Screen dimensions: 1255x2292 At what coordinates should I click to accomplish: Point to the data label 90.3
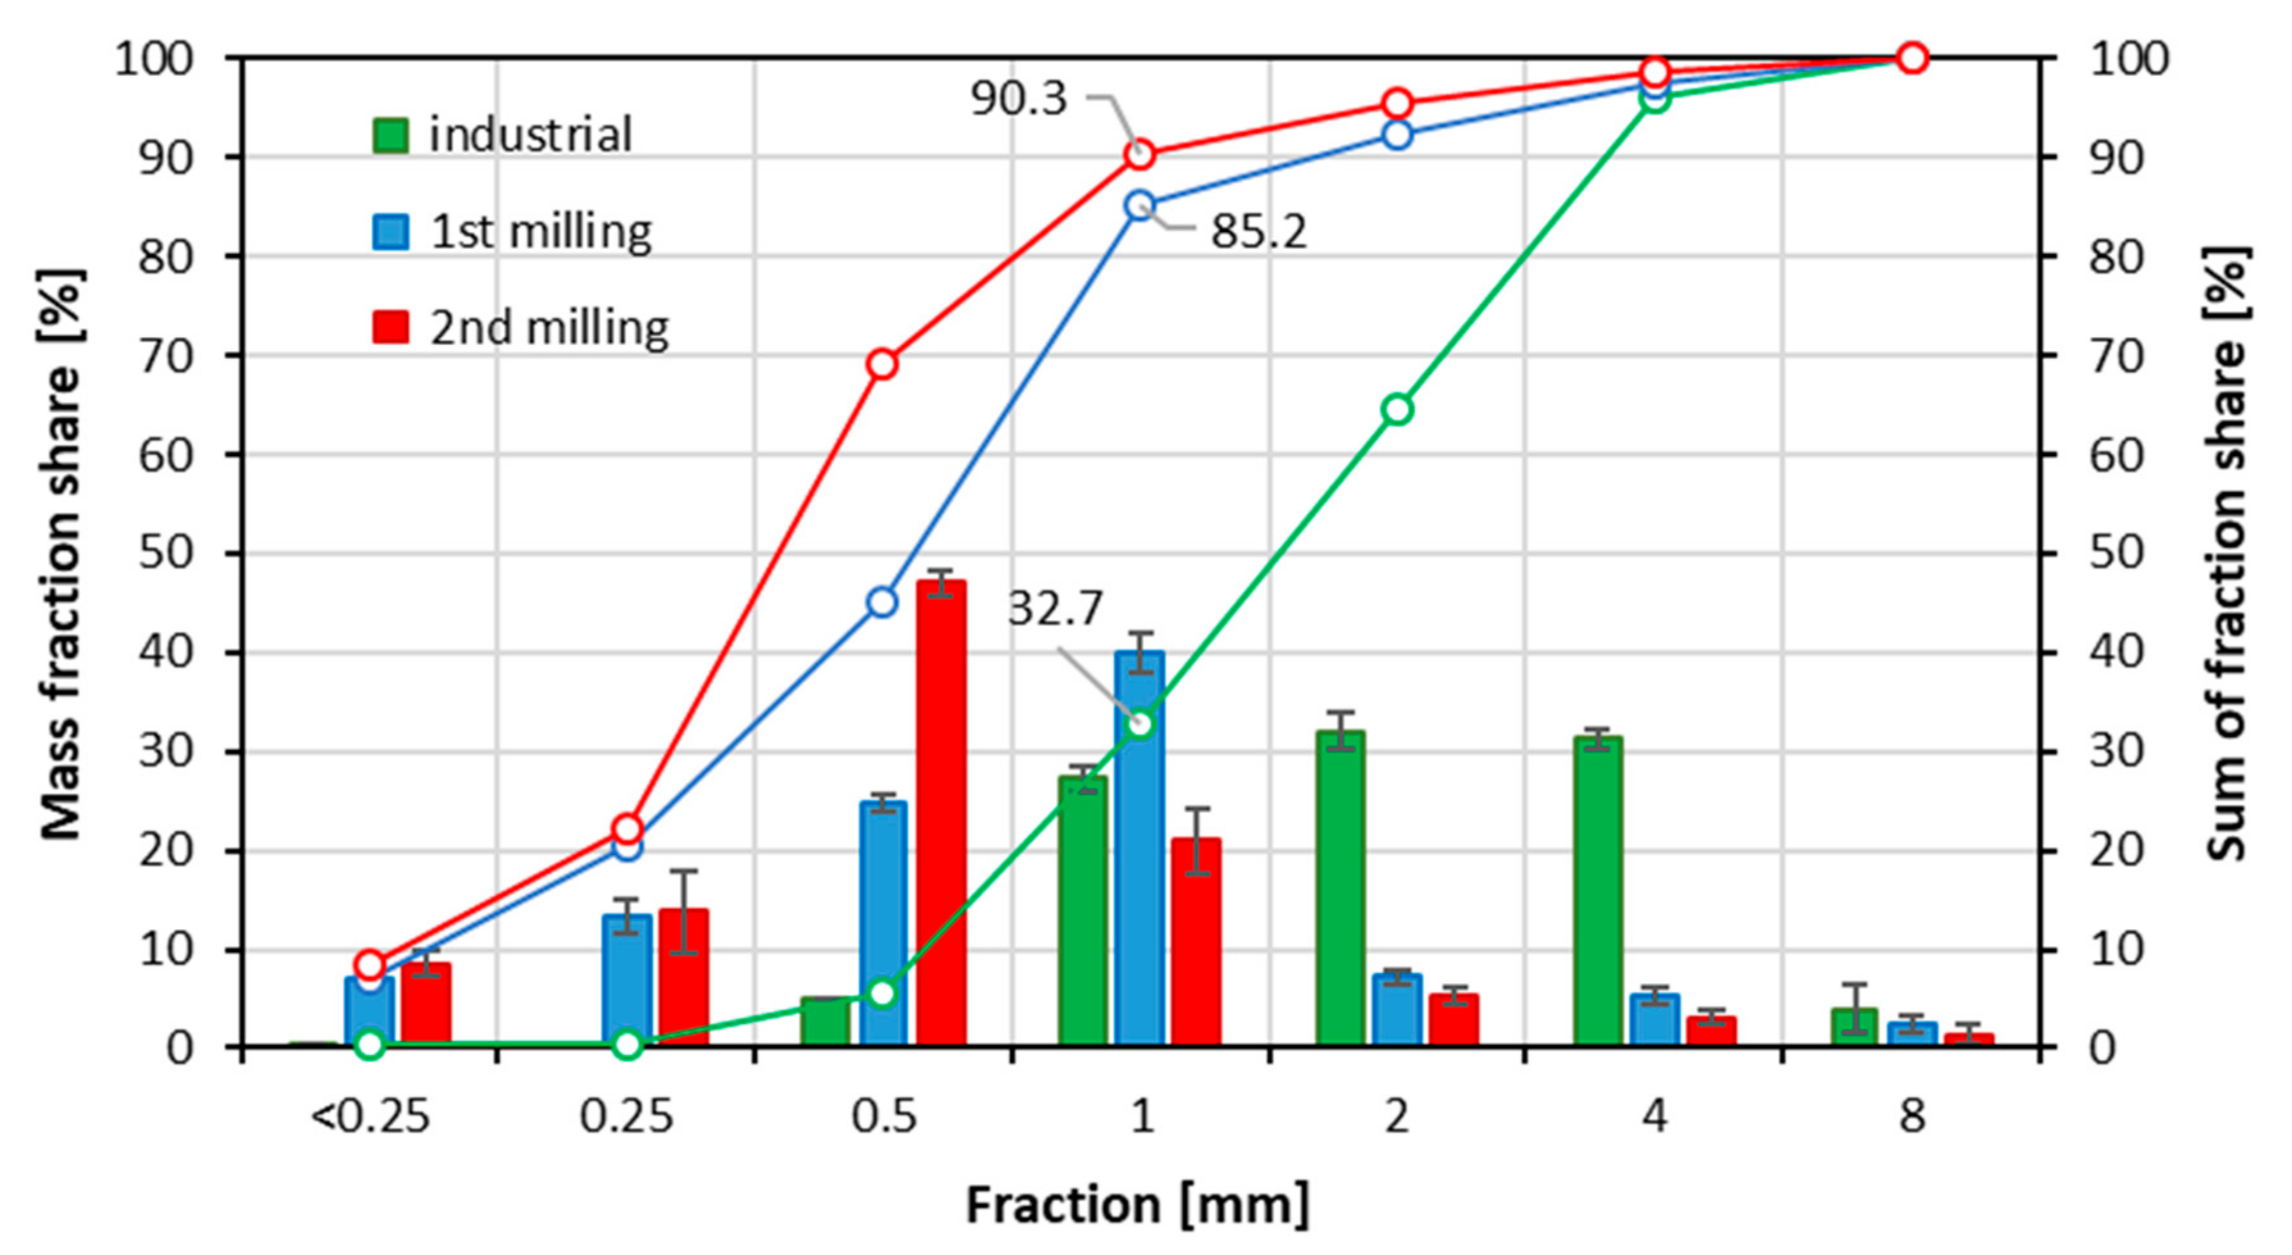pyautogui.click(x=1018, y=98)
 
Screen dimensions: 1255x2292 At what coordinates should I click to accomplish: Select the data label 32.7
pyautogui.click(x=1055, y=610)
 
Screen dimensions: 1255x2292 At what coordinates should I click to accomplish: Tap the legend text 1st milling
pyautogui.click(x=541, y=231)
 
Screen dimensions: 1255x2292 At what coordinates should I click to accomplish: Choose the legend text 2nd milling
pyautogui.click(x=549, y=328)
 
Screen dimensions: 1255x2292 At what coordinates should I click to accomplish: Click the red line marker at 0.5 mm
pyautogui.click(x=882, y=364)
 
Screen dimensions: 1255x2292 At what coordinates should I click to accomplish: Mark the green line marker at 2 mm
pyautogui.click(x=1397, y=409)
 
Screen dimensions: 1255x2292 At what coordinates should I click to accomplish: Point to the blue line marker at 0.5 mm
pyautogui.click(x=882, y=603)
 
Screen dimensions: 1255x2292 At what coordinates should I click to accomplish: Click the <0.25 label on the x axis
pyautogui.click(x=370, y=1116)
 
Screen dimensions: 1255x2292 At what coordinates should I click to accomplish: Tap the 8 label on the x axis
pyautogui.click(x=1912, y=1116)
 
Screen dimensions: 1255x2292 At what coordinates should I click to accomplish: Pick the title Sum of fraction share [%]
pyautogui.click(x=2229, y=552)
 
